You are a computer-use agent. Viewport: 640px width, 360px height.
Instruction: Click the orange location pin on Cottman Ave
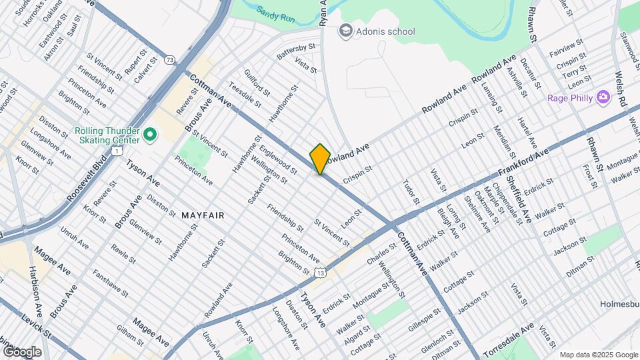coord(320,159)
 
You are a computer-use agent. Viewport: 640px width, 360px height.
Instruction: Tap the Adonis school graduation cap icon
coord(345,31)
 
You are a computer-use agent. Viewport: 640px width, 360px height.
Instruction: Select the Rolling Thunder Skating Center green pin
coord(149,135)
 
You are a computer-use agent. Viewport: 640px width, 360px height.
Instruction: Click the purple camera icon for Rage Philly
coord(604,98)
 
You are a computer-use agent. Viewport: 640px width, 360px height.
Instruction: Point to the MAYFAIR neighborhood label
coord(203,215)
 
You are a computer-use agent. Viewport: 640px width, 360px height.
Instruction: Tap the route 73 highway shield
coord(171,60)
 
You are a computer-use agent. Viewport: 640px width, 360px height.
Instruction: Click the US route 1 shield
coord(117,151)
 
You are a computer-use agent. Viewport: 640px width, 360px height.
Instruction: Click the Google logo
coord(22,351)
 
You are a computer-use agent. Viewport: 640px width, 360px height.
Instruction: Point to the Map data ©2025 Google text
coord(598,355)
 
